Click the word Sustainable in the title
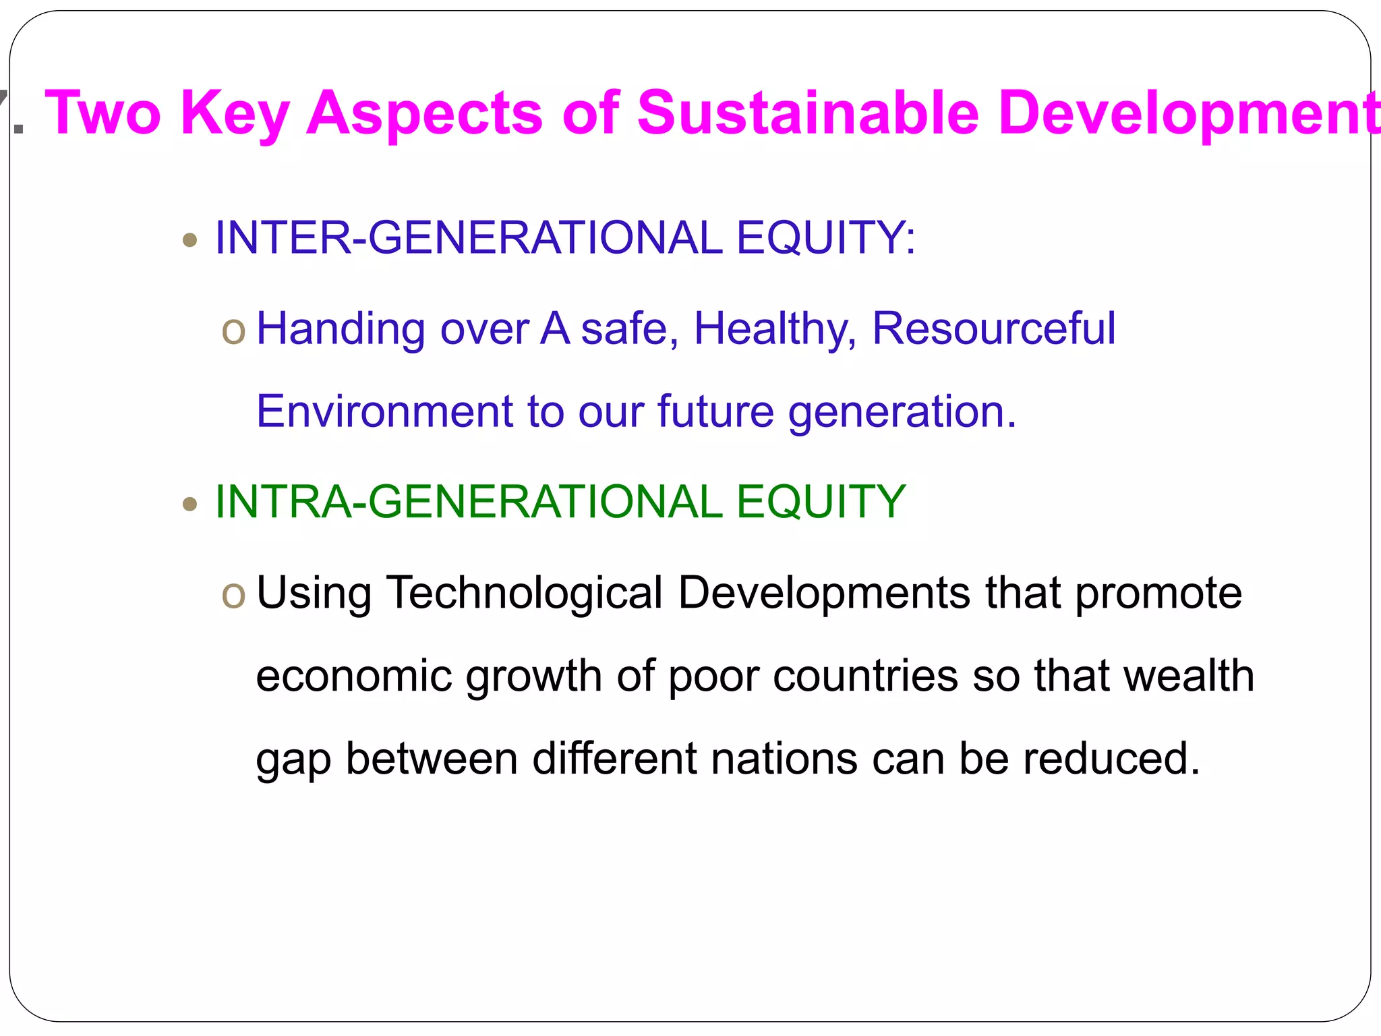[x=808, y=113]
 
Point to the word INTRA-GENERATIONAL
[x=469, y=502]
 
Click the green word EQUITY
[x=821, y=502]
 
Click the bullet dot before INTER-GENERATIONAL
[x=190, y=239]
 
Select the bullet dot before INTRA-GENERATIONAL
[x=190, y=504]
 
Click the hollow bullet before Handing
[x=233, y=331]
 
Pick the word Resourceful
[x=994, y=328]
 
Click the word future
[x=715, y=411]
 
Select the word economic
[x=354, y=677]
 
